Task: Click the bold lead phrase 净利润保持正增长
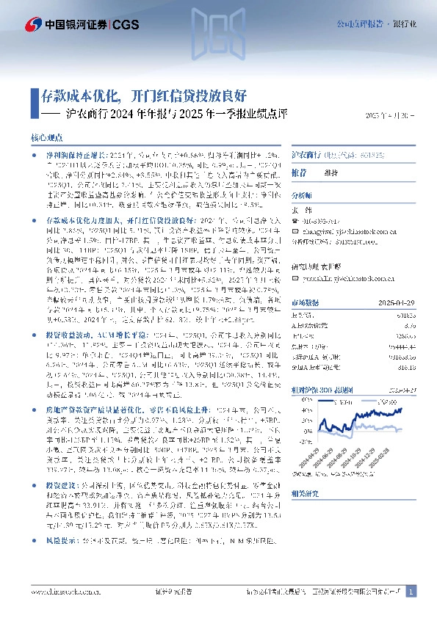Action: [70, 155]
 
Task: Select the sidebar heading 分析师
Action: [303, 197]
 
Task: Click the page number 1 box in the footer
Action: [411, 591]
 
